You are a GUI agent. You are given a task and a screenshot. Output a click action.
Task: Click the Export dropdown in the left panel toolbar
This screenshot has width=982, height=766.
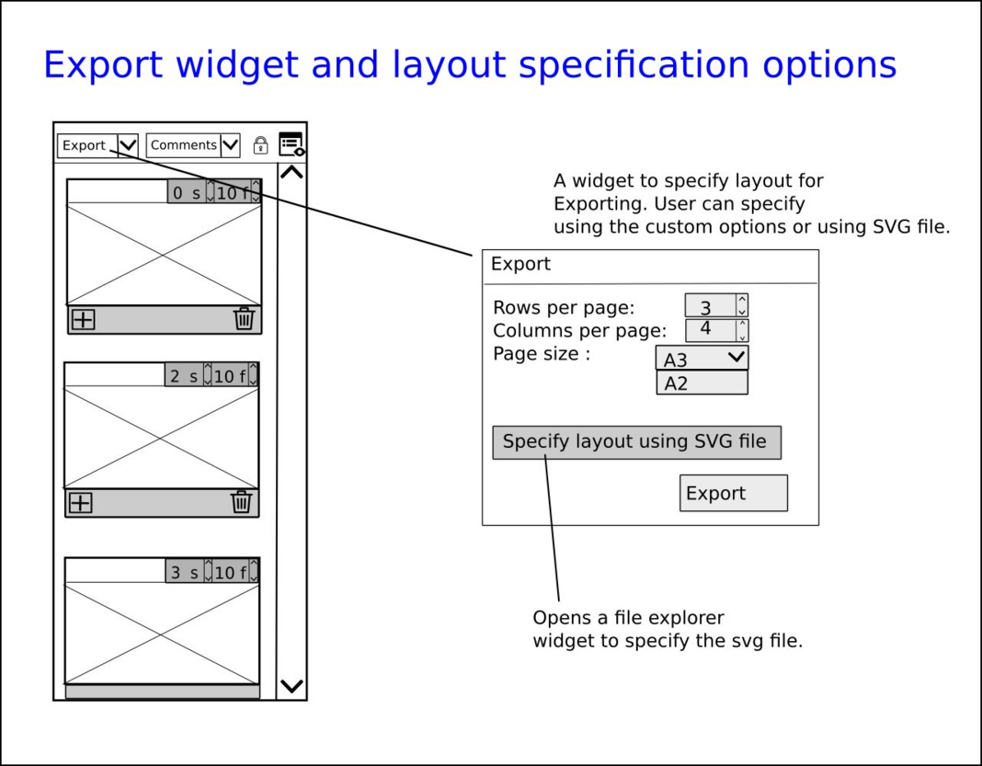[97, 145]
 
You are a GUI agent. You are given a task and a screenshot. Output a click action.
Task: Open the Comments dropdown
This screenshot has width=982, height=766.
[193, 145]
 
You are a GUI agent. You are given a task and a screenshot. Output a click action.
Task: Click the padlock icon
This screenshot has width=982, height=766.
[260, 145]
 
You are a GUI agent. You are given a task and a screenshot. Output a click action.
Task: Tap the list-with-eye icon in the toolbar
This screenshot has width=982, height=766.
[291, 144]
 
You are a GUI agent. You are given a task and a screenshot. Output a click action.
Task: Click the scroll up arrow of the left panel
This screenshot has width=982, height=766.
[291, 172]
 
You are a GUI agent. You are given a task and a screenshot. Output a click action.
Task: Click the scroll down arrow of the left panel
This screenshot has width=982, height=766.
[291, 686]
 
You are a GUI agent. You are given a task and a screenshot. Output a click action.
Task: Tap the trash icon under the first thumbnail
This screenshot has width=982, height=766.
[244, 319]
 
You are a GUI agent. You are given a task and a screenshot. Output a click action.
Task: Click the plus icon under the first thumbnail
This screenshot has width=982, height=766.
[84, 319]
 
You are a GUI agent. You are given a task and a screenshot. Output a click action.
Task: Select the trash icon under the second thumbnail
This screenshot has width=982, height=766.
[241, 502]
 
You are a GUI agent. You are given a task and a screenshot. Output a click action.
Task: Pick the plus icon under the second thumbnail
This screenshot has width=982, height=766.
[81, 502]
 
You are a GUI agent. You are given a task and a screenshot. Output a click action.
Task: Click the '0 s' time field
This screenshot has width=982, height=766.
[186, 193]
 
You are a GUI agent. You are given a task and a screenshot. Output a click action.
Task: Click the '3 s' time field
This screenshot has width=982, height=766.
[184, 573]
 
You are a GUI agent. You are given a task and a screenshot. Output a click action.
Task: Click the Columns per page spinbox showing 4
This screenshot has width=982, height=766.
[711, 329]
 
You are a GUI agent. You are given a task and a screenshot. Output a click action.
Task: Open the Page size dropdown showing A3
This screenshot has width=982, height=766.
[702, 359]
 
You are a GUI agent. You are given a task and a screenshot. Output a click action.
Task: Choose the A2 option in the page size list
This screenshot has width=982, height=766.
[702, 383]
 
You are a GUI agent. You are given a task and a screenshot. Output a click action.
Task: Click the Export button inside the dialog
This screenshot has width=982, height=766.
[734, 493]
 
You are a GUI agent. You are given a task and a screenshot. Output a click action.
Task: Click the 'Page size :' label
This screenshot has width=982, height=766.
[542, 354]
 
